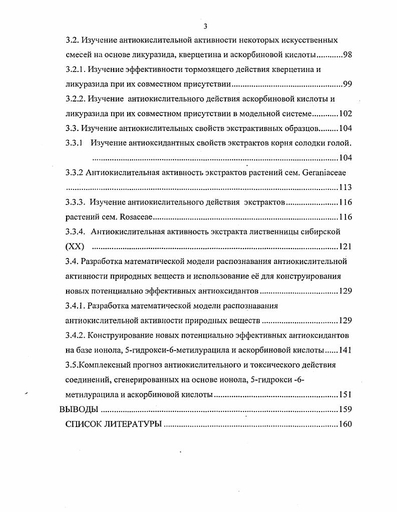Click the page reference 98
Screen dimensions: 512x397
[x=347, y=54]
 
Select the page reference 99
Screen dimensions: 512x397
[x=347, y=83]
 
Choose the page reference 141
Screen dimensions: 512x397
[x=345, y=350]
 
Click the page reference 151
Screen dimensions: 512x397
[x=345, y=394]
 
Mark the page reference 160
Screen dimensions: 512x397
[x=345, y=424]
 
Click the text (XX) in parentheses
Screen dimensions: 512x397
[x=75, y=246]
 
